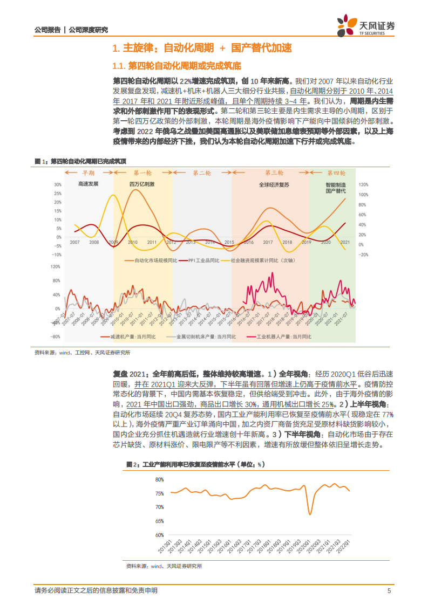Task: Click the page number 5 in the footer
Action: [389, 591]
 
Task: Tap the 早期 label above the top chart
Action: [88, 173]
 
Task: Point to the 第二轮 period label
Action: [202, 173]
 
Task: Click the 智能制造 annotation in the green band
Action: [336, 184]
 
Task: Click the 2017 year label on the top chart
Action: [267, 242]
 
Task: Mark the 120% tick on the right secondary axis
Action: [363, 184]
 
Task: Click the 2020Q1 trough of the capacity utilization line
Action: [310, 513]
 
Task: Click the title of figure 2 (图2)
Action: [195, 464]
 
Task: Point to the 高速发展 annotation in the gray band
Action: [88, 184]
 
